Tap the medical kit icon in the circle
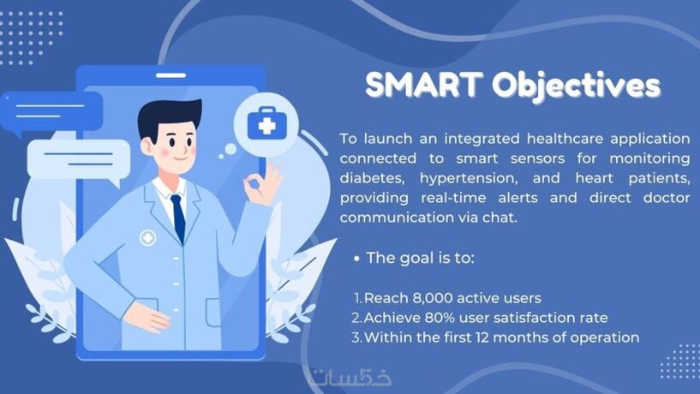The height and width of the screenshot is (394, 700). point(266,122)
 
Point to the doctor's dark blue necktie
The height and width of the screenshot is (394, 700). point(178,218)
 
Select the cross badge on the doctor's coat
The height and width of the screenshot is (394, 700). point(147,238)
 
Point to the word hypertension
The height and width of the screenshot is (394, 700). point(469,179)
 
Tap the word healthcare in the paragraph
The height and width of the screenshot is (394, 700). point(564,139)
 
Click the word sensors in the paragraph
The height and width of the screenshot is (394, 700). point(537,158)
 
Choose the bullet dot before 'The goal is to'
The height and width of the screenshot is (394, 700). point(356,259)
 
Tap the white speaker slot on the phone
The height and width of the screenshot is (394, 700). point(171,75)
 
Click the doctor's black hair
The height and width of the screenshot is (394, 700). point(167,115)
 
